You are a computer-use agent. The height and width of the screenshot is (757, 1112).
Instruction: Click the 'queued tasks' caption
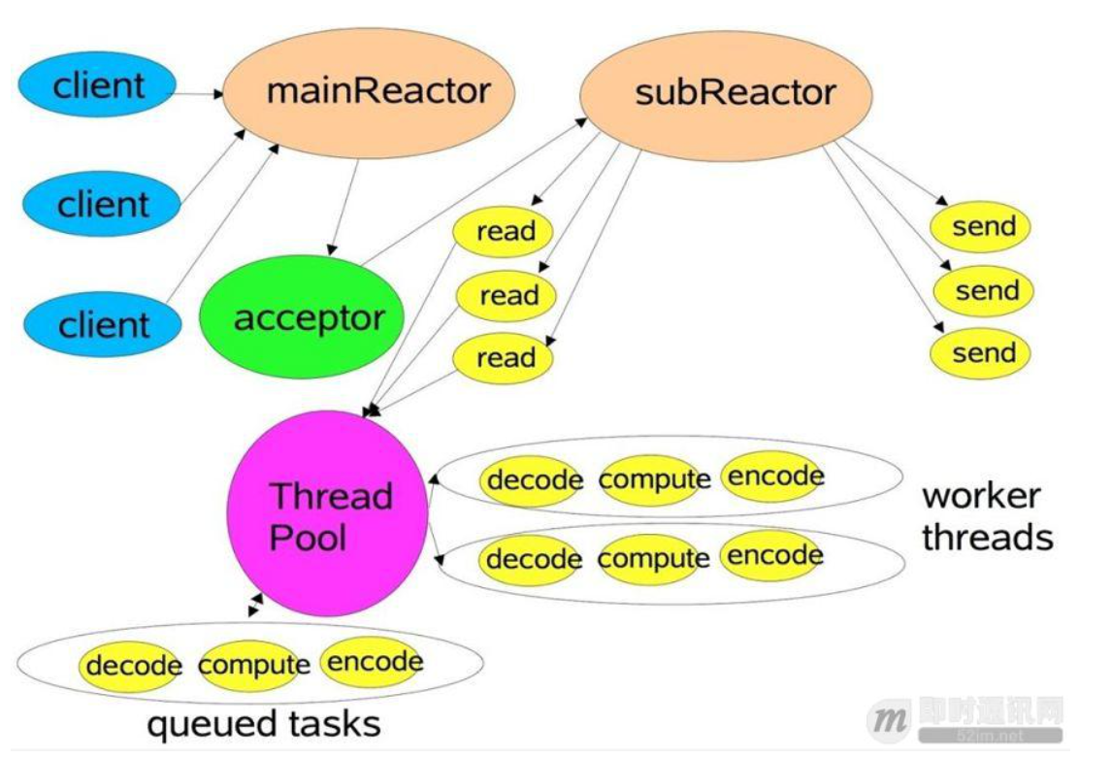pyautogui.click(x=263, y=724)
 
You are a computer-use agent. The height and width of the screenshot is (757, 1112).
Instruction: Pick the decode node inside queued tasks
pyautogui.click(x=133, y=666)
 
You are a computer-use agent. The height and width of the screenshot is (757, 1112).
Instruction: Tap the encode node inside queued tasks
pyautogui.click(x=374, y=662)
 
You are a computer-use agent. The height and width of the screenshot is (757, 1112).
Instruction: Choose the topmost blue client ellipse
pyautogui.click(x=98, y=85)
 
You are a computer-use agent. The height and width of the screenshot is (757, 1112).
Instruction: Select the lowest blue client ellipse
pyautogui.click(x=102, y=325)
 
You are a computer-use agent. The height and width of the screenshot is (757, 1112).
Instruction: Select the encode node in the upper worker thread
pyautogui.click(x=774, y=477)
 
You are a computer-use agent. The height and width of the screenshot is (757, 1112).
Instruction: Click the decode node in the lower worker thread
pyautogui.click(x=534, y=560)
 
